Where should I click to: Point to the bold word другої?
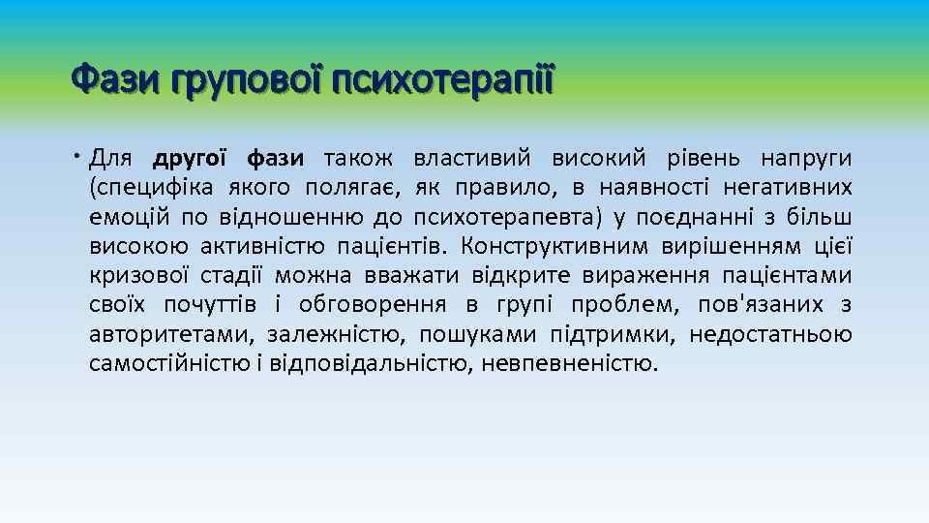coord(190,158)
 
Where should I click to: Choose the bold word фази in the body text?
coord(276,158)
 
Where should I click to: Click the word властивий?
coord(472,158)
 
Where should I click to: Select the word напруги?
coord(807,158)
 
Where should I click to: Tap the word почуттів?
coord(210,305)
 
